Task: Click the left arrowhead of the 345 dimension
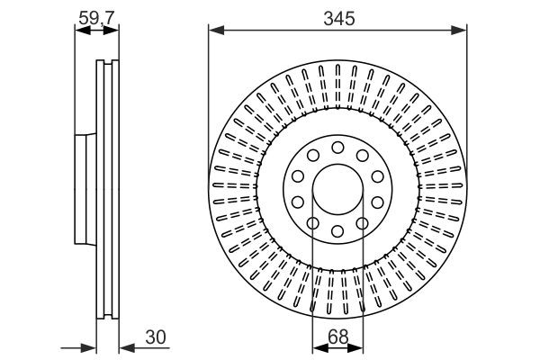[214, 31]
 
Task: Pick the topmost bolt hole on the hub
[337, 147]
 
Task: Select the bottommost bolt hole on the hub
[337, 232]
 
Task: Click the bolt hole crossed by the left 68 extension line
[312, 224]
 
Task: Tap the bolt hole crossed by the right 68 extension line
[363, 224]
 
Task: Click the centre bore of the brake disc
[337, 190]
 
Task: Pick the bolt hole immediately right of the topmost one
[363, 156]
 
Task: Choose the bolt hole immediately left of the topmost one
[312, 156]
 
